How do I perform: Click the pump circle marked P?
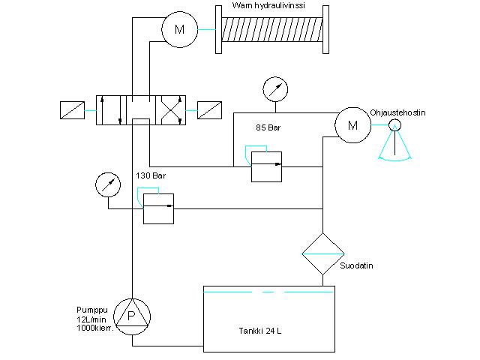[132, 316]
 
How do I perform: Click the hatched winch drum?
[271, 29]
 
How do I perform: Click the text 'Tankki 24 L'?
[260, 331]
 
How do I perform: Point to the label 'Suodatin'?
[356, 265]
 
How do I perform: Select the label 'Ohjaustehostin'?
[397, 112]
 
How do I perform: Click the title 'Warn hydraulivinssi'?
[268, 5]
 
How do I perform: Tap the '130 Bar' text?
[151, 175]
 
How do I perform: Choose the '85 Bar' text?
[268, 127]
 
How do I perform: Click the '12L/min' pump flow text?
[91, 319]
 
